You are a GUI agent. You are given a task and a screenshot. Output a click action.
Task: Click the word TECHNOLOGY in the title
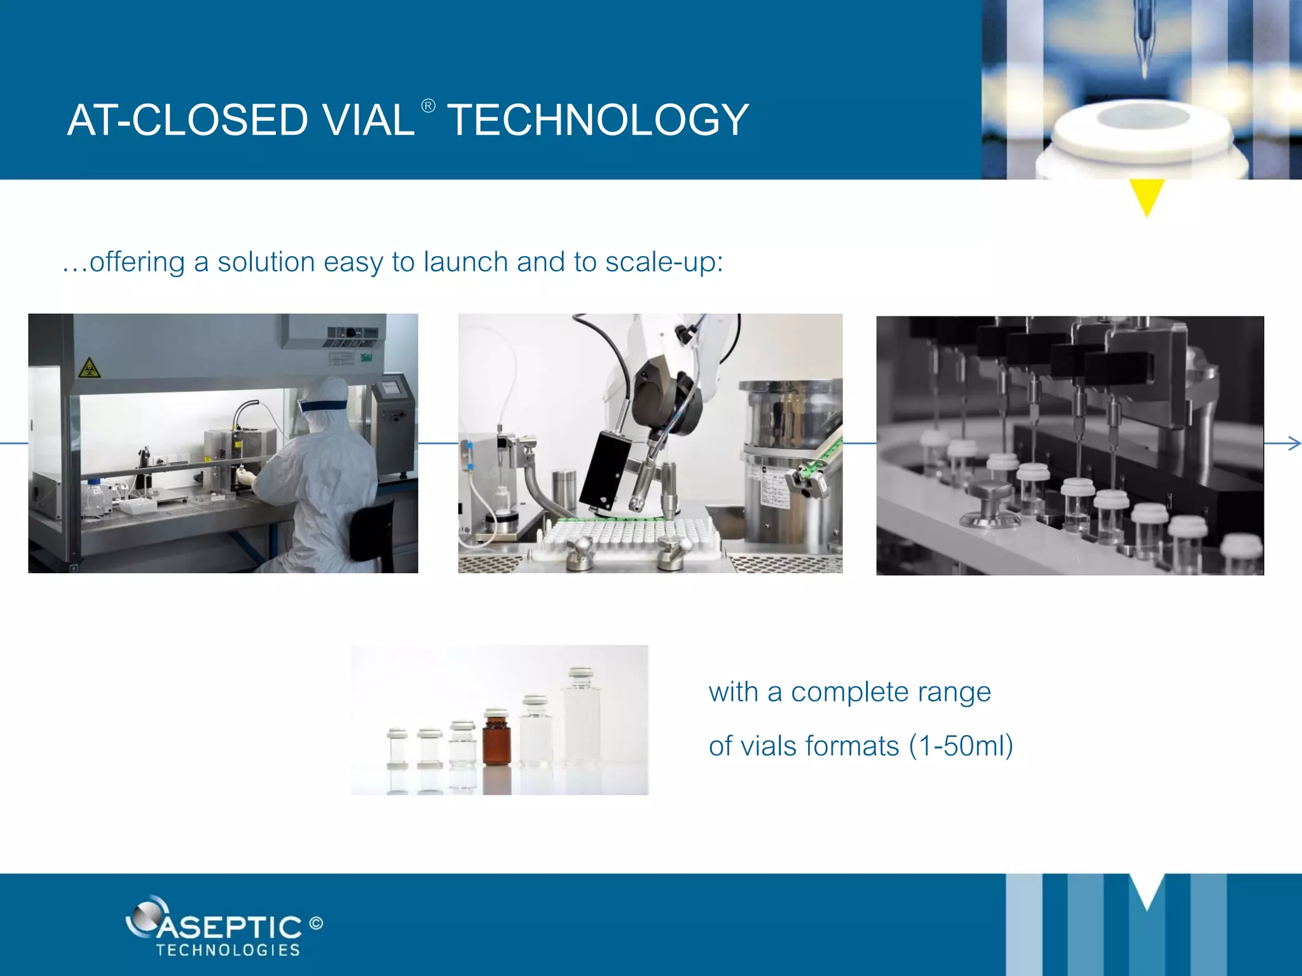[x=598, y=120]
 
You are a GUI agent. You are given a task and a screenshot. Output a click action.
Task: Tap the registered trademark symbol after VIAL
[x=428, y=105]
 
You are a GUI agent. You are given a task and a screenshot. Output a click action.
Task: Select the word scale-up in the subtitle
[x=664, y=262]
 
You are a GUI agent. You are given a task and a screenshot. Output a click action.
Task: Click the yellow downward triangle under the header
[x=1146, y=196]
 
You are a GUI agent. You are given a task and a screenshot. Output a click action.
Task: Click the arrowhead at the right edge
[x=1294, y=443]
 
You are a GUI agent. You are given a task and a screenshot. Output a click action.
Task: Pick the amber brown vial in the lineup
[x=497, y=740]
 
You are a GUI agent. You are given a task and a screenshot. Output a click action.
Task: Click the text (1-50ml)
[x=961, y=746]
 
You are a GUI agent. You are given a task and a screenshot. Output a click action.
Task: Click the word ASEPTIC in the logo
[x=229, y=928]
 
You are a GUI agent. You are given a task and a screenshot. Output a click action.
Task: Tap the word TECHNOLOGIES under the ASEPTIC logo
[x=228, y=951]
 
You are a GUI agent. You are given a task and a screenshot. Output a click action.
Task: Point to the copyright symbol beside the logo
[x=316, y=923]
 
